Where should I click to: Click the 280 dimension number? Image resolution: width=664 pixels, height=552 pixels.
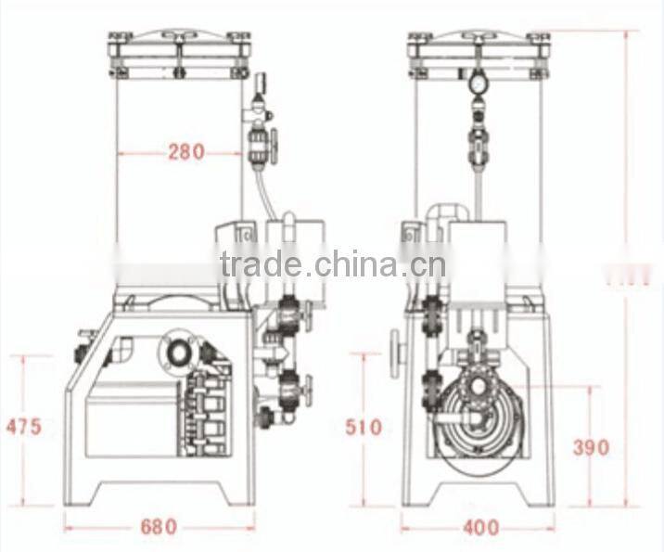tap(185, 152)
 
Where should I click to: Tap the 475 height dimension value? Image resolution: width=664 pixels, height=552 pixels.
tap(23, 427)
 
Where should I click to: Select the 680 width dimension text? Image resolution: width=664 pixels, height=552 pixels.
tap(159, 527)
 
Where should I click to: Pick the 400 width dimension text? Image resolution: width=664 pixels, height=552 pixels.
tap(479, 528)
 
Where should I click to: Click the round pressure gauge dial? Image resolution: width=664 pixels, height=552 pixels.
tap(478, 83)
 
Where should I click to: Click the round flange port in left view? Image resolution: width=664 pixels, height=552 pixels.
tap(176, 350)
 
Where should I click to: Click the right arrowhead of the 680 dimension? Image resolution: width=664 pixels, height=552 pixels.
tap(252, 527)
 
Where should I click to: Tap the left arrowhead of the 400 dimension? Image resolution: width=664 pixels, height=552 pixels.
tap(404, 528)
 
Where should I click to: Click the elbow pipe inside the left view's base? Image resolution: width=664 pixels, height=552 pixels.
tap(121, 353)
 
